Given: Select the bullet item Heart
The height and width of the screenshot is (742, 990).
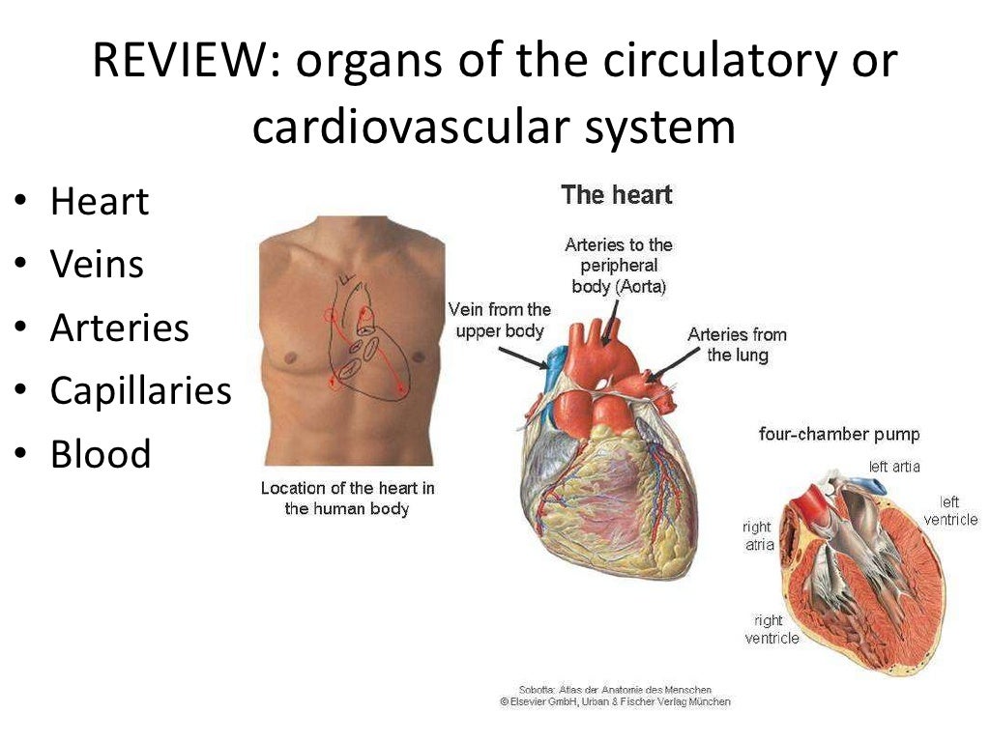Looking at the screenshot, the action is click(x=100, y=202).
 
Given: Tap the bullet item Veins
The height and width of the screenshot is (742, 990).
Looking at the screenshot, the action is click(x=97, y=265).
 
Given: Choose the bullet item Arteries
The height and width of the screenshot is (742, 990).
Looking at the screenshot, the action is click(x=119, y=328).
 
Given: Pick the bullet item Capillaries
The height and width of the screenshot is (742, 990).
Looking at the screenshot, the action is click(x=140, y=391).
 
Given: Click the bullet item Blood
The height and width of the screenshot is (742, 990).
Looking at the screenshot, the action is click(x=101, y=454).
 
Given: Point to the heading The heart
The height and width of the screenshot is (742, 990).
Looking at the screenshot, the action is click(x=616, y=195).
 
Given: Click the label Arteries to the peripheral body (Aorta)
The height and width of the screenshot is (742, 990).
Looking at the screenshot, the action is click(x=618, y=266).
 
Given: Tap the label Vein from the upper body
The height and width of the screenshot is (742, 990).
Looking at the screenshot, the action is click(x=500, y=320).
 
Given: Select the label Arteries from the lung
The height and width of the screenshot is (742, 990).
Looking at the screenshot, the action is click(x=737, y=345).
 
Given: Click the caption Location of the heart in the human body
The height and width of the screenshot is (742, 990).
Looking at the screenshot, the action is click(x=347, y=499).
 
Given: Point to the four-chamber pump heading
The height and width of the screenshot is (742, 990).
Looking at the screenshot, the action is click(x=839, y=435).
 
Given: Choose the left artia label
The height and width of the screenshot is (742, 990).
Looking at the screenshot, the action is click(x=894, y=468).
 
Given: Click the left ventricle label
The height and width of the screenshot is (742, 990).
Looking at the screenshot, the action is click(x=950, y=511).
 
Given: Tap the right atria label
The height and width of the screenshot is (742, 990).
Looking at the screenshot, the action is click(x=758, y=536).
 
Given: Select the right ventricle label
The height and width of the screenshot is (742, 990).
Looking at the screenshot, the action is click(x=772, y=629).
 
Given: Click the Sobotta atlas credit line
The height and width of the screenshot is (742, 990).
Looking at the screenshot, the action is click(x=615, y=690).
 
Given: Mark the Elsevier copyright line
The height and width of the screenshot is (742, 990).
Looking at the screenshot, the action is click(x=615, y=702).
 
